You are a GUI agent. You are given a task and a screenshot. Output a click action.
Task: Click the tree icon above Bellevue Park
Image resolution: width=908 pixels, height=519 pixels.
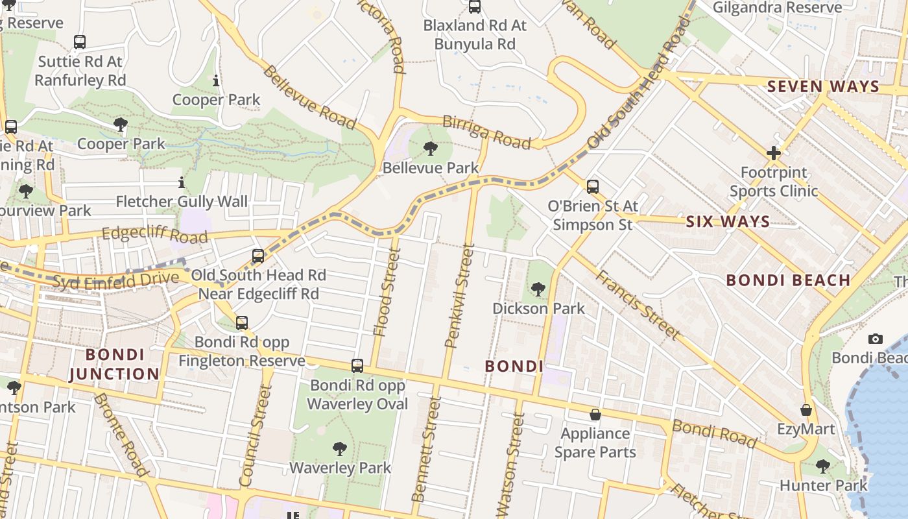[x=430, y=149]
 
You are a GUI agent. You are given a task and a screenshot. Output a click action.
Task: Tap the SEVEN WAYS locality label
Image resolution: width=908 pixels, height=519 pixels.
[x=823, y=86]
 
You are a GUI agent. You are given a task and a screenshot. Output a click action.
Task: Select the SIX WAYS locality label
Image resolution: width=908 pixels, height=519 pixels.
[x=728, y=221]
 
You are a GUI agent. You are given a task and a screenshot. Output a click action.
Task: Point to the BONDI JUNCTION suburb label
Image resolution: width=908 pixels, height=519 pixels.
[x=114, y=365]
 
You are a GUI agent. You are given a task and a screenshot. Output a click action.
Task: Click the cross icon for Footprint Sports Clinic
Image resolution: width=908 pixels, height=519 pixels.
[x=773, y=153]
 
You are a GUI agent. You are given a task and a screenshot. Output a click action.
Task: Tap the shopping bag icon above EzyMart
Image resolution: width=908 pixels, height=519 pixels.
[x=806, y=410]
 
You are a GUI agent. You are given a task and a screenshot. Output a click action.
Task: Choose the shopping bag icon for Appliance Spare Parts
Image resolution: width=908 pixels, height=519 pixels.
[x=595, y=414]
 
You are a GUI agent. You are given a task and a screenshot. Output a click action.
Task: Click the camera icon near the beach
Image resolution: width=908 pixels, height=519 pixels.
[x=875, y=339]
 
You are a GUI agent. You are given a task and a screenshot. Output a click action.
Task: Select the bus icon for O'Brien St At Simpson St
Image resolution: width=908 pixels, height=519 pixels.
[x=592, y=187]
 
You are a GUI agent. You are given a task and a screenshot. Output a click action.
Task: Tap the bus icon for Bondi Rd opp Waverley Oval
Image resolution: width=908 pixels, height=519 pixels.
[x=357, y=366]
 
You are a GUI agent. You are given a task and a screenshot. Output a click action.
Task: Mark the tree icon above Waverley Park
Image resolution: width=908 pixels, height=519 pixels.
[x=339, y=448]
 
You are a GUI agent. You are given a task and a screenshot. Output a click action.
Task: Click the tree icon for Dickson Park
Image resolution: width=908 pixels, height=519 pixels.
[x=538, y=289]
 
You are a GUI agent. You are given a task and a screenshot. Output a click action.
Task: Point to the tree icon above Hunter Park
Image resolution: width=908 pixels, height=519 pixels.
[x=822, y=466]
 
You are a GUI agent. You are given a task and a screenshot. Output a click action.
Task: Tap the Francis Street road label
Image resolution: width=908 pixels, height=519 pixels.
[x=638, y=305]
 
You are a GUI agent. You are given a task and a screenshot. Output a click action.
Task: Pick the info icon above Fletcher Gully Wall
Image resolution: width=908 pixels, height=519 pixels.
[x=182, y=183]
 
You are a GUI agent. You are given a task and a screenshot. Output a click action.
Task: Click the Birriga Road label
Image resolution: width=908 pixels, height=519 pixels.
[x=486, y=132]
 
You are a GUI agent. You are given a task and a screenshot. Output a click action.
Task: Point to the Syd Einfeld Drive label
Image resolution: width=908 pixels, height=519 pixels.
[x=115, y=280]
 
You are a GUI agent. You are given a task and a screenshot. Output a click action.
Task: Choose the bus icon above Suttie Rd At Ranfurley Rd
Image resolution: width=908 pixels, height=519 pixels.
[x=79, y=42]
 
